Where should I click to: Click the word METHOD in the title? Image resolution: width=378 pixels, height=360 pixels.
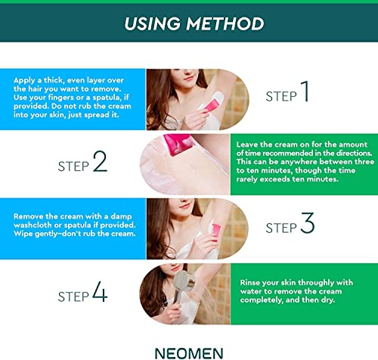coord(222,23)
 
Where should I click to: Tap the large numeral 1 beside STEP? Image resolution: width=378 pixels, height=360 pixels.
coord(305,92)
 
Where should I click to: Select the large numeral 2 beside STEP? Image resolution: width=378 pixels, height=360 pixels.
coord(100,162)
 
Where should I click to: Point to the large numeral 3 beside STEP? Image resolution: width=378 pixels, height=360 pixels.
coord(307,224)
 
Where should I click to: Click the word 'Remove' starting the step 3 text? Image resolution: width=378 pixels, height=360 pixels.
coord(29,215)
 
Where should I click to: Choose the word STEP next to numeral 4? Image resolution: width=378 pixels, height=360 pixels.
coord(72,296)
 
